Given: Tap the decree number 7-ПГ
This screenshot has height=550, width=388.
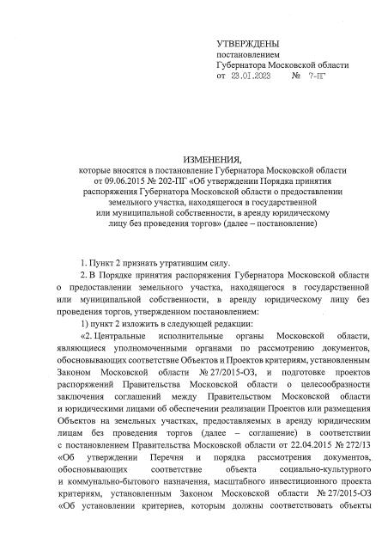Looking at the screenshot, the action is (x=317, y=77).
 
